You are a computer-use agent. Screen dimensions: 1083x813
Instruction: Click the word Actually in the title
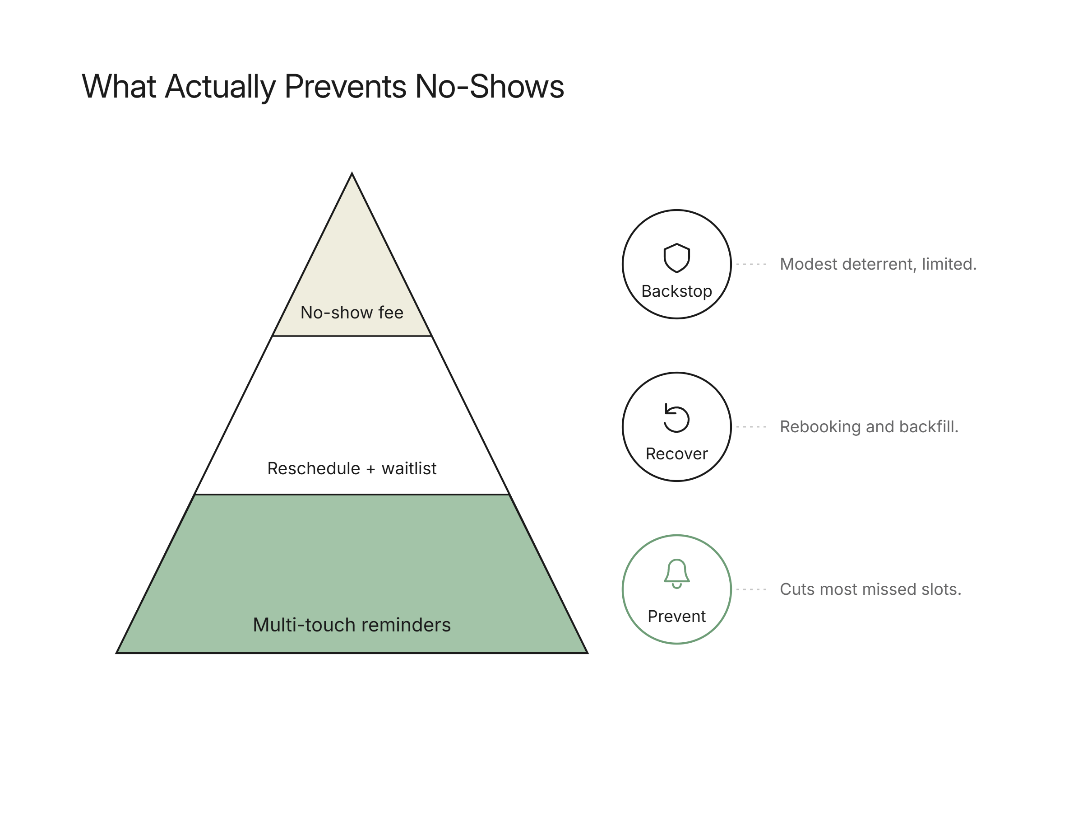[x=221, y=87]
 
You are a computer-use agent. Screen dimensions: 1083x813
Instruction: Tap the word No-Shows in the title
[x=489, y=86]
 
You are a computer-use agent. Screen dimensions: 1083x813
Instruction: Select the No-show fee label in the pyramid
[x=352, y=313]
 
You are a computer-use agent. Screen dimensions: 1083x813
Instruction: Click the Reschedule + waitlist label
[x=352, y=468]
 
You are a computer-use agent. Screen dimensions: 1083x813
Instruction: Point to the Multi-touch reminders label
[x=352, y=625]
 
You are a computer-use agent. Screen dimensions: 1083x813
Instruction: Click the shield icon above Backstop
[x=676, y=258]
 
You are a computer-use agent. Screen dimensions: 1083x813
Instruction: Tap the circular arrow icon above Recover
[x=676, y=418]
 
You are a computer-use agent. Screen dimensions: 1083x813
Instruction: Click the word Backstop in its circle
[x=676, y=291]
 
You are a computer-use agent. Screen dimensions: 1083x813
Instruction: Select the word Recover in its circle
[x=676, y=454]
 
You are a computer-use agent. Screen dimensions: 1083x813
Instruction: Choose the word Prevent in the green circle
[x=676, y=617]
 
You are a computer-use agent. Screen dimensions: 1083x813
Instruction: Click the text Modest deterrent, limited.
[x=878, y=264]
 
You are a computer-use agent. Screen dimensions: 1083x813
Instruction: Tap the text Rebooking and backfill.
[x=869, y=427]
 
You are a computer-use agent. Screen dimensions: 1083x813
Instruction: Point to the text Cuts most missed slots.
[x=870, y=589]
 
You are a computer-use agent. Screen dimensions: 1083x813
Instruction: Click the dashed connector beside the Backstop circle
[x=751, y=264]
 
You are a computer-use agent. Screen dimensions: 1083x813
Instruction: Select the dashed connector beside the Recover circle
[x=751, y=427]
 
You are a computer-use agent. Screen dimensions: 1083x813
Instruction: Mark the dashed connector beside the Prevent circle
[x=751, y=589]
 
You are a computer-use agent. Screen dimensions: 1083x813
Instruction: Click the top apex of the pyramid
[x=352, y=173]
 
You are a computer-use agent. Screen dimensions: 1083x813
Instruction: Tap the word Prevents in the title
[x=346, y=86]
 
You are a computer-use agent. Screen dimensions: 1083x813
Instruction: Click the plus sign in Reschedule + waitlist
[x=370, y=469]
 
